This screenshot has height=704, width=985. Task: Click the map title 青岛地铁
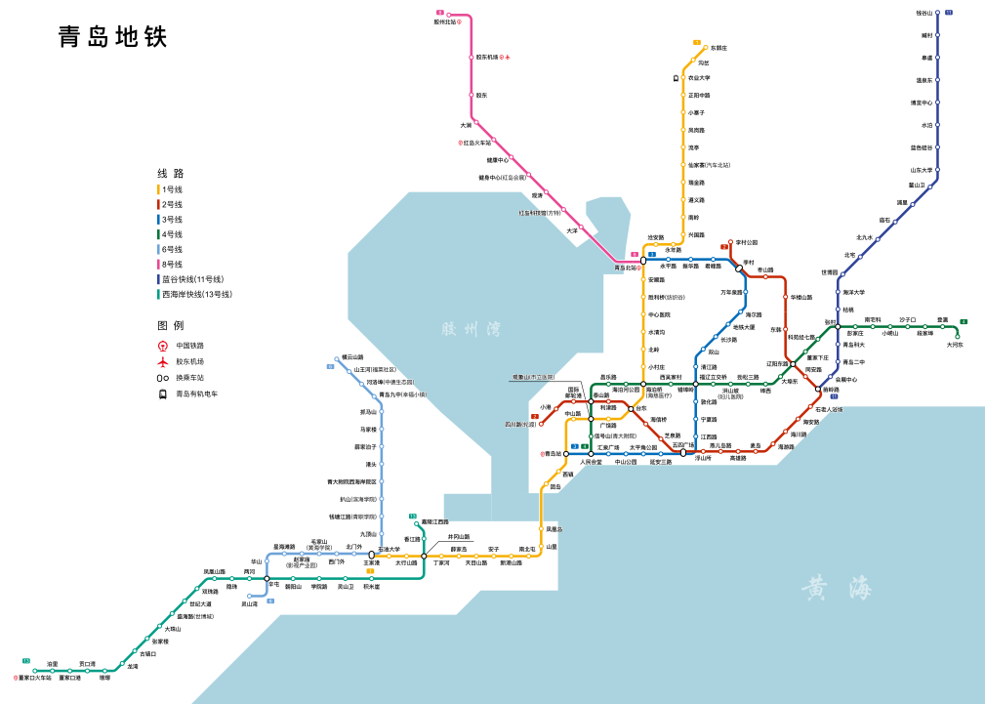(113, 37)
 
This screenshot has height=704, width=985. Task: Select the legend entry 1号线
(172, 189)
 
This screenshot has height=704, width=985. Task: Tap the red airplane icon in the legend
(163, 361)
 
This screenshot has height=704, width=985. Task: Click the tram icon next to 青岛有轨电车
(163, 394)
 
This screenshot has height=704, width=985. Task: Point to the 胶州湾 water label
(471, 329)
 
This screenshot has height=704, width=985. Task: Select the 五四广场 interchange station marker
(683, 453)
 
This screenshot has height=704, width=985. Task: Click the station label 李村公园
(747, 242)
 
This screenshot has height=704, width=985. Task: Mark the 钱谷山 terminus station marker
(937, 14)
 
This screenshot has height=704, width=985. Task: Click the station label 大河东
(955, 345)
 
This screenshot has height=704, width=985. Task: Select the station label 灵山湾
(250, 604)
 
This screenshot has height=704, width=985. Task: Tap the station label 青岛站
(554, 454)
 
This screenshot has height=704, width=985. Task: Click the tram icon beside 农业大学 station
(676, 78)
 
